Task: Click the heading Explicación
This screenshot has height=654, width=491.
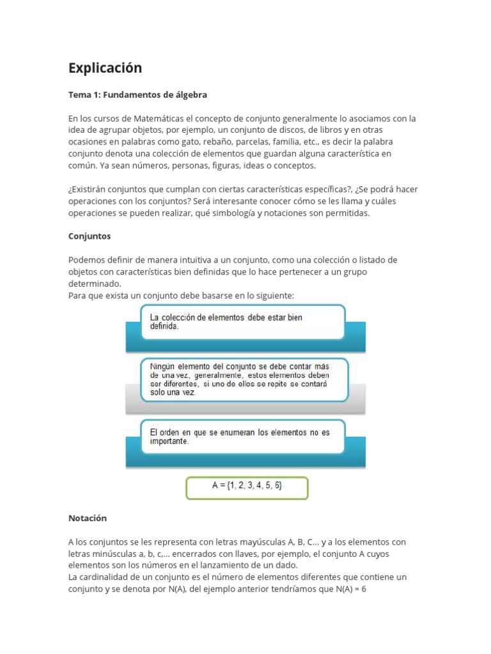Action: [105, 68]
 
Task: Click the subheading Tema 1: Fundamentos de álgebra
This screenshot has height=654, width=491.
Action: [137, 95]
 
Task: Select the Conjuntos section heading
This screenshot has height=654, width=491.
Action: [90, 236]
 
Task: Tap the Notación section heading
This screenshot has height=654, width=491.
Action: [88, 518]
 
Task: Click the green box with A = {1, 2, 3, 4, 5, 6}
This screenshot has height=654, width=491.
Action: [247, 486]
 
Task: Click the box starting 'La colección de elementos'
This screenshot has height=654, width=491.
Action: [242, 321]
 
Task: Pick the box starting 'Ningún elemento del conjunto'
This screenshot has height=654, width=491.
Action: [244, 379]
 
